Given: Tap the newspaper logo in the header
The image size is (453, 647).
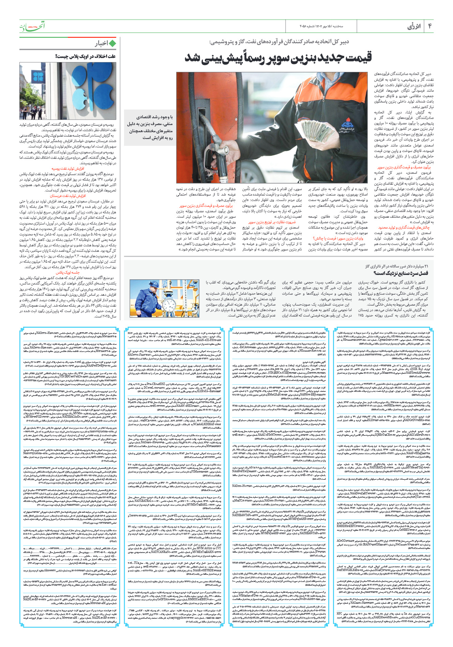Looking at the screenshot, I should (32, 26).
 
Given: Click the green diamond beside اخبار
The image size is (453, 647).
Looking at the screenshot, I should (112, 43).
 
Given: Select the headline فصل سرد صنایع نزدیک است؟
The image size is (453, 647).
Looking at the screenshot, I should (401, 273).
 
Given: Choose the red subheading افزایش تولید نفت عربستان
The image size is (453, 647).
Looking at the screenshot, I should (68, 196).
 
